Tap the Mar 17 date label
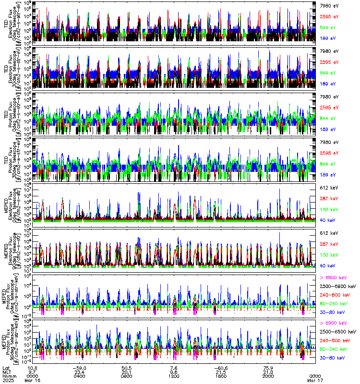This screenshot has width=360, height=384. (x=315, y=380)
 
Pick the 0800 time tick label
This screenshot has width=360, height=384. (x=127, y=376)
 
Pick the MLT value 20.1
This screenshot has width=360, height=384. (x=127, y=372)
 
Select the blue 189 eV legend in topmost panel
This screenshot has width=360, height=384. (x=328, y=37)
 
